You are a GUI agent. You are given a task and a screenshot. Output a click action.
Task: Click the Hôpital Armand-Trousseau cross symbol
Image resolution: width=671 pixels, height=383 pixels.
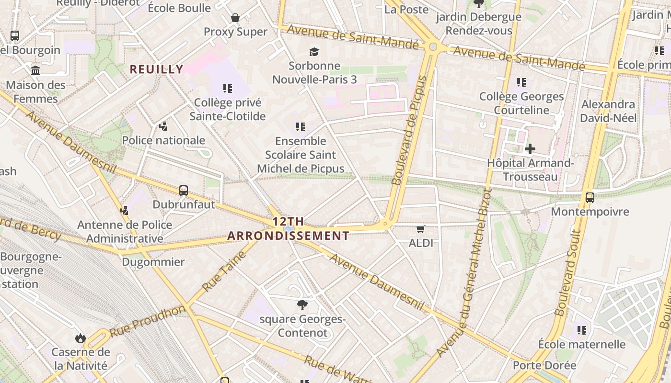(x=530, y=149)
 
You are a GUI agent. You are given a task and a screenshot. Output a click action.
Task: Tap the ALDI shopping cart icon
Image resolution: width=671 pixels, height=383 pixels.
(x=421, y=229)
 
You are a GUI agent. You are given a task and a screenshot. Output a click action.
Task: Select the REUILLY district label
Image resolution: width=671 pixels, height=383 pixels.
(x=157, y=69)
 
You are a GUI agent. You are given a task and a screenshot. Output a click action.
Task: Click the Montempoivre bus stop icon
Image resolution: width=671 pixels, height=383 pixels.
(x=590, y=198)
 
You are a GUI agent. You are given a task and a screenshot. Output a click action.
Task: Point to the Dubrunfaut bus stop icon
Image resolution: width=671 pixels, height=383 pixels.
(x=184, y=191)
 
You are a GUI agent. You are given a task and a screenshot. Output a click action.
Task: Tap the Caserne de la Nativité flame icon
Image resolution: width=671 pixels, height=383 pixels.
(x=81, y=338)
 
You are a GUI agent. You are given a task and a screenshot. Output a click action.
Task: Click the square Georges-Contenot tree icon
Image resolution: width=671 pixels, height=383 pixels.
(x=302, y=304)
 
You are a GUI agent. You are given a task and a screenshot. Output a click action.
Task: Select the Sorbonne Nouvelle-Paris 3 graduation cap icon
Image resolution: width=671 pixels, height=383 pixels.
(x=314, y=52)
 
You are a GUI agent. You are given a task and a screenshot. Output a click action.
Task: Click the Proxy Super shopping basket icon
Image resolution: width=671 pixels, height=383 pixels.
(x=235, y=18)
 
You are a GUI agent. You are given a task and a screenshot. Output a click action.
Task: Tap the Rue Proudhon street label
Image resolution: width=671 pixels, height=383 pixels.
(x=147, y=321)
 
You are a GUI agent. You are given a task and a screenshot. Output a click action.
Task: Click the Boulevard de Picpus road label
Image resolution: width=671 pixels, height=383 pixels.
(x=409, y=130)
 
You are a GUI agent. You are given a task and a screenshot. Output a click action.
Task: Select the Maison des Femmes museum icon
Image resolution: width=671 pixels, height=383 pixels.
(x=35, y=71)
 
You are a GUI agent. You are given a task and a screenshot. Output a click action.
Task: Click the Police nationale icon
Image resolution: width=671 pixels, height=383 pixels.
(x=163, y=126)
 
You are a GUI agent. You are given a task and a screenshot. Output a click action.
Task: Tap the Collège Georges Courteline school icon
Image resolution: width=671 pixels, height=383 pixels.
(x=521, y=82)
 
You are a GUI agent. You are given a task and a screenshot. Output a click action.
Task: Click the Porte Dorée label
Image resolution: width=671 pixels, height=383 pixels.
(x=544, y=365)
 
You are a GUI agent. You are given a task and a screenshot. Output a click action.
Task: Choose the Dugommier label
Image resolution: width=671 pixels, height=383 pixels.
(x=153, y=262)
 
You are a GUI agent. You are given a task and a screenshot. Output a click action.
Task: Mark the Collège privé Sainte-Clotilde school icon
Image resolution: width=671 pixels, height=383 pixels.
(x=228, y=88)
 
